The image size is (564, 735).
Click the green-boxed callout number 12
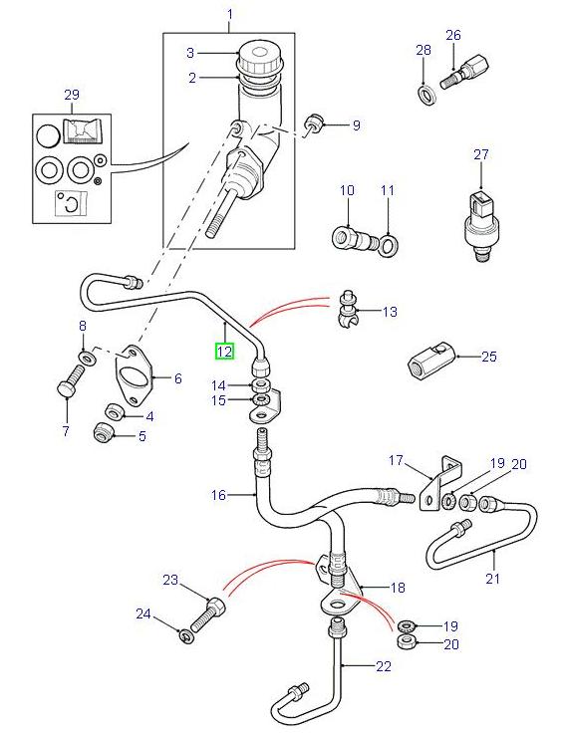coord(224,351)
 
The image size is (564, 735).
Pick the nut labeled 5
coord(101,432)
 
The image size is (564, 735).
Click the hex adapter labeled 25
coord(428,362)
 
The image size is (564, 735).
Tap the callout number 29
coord(70,95)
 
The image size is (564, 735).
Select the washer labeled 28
coord(423,95)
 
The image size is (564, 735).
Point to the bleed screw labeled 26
coord(460,72)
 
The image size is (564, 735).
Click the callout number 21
coord(491,578)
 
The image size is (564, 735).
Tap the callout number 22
coord(356,666)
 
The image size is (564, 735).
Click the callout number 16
coord(218,494)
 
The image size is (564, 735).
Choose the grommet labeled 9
coord(311,122)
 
